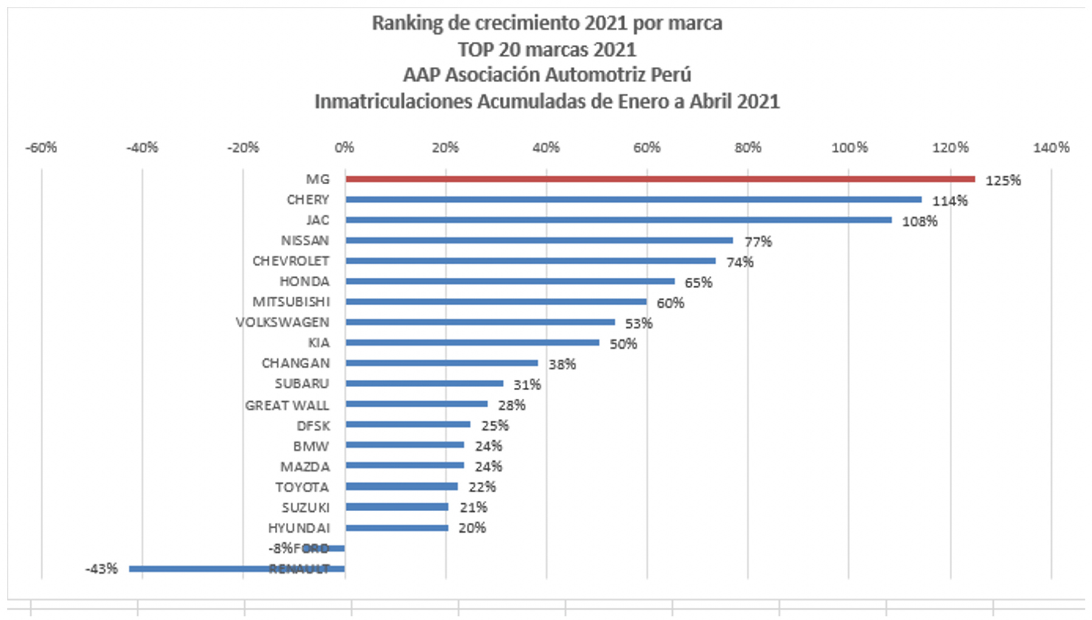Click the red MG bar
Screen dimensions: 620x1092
(660, 179)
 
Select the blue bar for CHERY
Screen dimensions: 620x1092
(633, 199)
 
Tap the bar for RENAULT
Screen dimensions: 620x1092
(237, 569)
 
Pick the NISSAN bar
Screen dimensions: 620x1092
(539, 240)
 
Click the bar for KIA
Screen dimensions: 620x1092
(472, 343)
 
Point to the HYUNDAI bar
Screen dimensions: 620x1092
(396, 528)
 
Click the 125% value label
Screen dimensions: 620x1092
(1003, 181)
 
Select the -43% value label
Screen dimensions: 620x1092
(102, 569)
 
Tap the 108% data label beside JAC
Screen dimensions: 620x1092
(919, 221)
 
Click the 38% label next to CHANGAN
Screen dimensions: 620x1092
(562, 364)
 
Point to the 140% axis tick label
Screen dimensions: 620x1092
(1051, 148)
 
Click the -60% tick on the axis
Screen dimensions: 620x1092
(41, 148)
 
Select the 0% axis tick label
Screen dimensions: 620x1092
(344, 148)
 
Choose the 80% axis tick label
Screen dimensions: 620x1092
(748, 148)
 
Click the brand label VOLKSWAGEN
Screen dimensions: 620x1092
(282, 322)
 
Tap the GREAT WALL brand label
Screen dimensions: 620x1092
(286, 405)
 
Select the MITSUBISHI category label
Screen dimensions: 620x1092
(291, 302)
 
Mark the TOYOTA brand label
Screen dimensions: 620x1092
(302, 487)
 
